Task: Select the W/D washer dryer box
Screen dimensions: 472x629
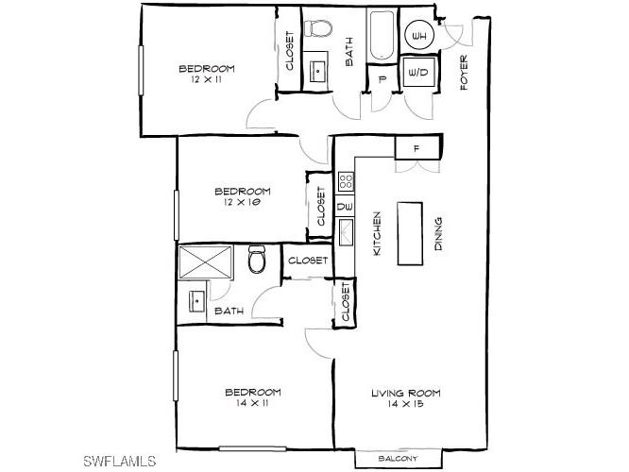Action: click(x=418, y=72)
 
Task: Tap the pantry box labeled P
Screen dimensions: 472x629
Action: click(x=382, y=80)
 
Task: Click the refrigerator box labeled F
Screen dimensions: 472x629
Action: click(x=416, y=148)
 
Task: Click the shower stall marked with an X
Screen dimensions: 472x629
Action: click(x=206, y=261)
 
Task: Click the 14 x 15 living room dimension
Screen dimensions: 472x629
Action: click(x=404, y=404)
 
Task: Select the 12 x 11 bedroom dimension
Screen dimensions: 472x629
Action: click(x=206, y=80)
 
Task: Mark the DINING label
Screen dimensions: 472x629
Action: click(x=438, y=232)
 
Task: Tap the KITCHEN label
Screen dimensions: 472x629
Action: click(x=375, y=233)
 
